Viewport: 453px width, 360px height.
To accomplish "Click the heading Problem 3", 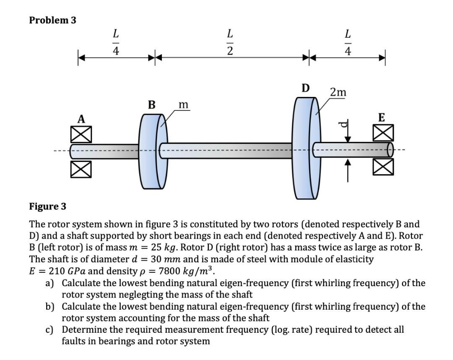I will [53, 20].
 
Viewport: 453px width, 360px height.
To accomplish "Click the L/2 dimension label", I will [229, 42].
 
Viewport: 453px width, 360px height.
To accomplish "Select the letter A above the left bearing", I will [81, 120].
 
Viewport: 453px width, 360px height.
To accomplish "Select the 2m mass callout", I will [338, 92].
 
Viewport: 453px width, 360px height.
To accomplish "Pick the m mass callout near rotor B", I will [183, 104].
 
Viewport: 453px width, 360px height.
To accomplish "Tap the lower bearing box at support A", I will [81, 168].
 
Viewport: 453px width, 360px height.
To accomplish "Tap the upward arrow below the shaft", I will [348, 172].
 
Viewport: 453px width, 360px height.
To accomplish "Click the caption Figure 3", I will [47, 206].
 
